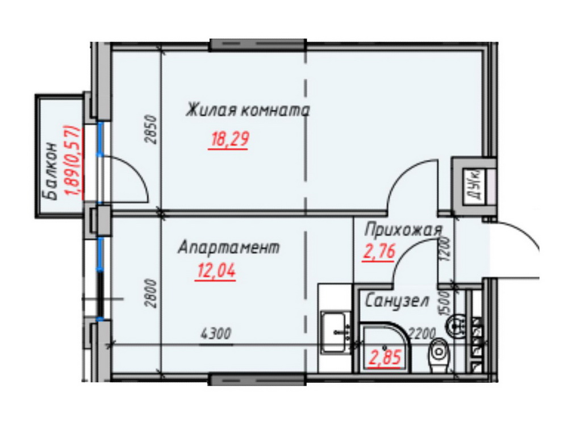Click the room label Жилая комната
pos(248,110)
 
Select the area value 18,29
pos(229,139)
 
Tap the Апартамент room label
pos(229,248)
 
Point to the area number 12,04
pos(216,270)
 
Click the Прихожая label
pos(403,231)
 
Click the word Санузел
pos(397,300)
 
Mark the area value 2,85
pos(385,357)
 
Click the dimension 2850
pos(152,130)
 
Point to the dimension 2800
pos(152,294)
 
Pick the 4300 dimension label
pos(215,333)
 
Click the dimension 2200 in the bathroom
pos(422,333)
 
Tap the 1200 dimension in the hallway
pos(445,249)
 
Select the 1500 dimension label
pos(445,303)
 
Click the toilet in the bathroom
pos(438,355)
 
